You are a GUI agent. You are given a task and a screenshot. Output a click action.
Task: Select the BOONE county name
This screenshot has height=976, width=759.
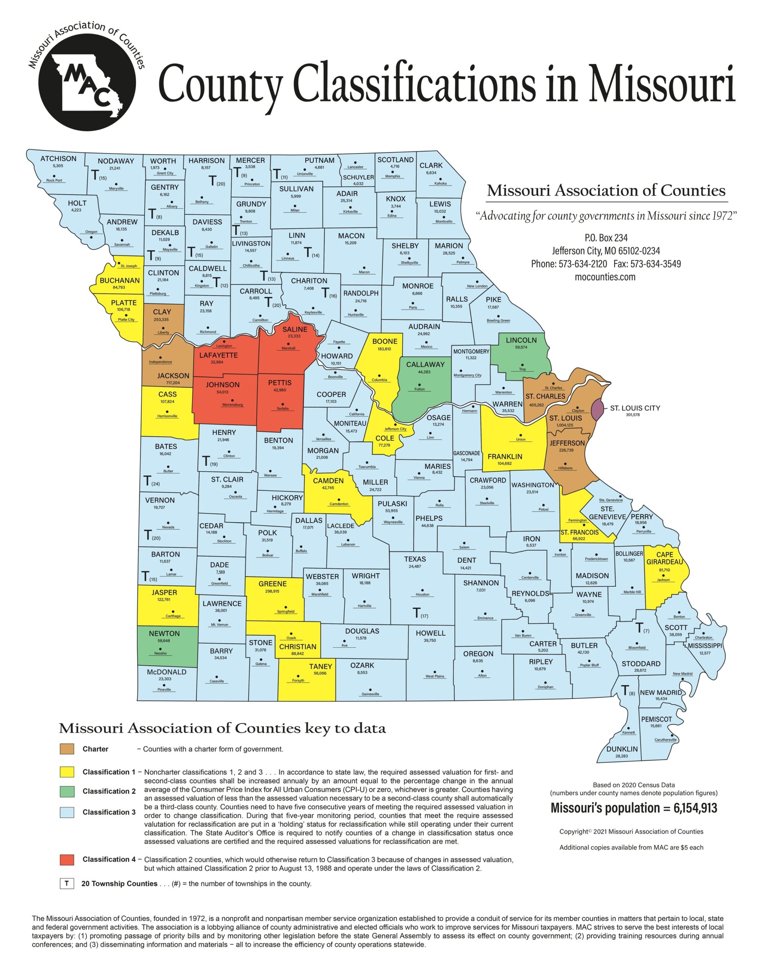[385, 342]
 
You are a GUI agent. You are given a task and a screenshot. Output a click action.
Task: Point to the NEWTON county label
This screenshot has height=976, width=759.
[164, 634]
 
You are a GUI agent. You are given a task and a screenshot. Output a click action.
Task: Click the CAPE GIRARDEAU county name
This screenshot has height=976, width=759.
[665, 558]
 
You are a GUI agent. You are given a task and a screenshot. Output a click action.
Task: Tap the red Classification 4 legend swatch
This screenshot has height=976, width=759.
[67, 859]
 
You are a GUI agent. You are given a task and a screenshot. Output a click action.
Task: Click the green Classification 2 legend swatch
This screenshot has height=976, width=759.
[67, 791]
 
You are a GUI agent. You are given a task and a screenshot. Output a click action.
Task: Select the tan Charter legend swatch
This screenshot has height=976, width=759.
[67, 750]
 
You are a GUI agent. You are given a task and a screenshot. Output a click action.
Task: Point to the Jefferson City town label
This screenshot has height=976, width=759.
[395, 429]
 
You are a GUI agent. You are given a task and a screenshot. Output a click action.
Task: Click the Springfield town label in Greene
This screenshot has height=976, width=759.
[286, 612]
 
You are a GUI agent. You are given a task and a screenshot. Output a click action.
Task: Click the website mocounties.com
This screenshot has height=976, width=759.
[605, 277]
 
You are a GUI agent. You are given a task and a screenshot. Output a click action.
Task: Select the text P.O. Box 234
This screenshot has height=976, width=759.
[605, 238]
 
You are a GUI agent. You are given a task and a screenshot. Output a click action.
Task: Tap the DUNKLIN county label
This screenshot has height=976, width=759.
[622, 749]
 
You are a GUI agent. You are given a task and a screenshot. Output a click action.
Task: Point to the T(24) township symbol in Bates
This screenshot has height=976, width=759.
[151, 482]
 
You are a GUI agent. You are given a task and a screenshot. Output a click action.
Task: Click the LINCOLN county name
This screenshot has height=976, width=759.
[521, 340]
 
